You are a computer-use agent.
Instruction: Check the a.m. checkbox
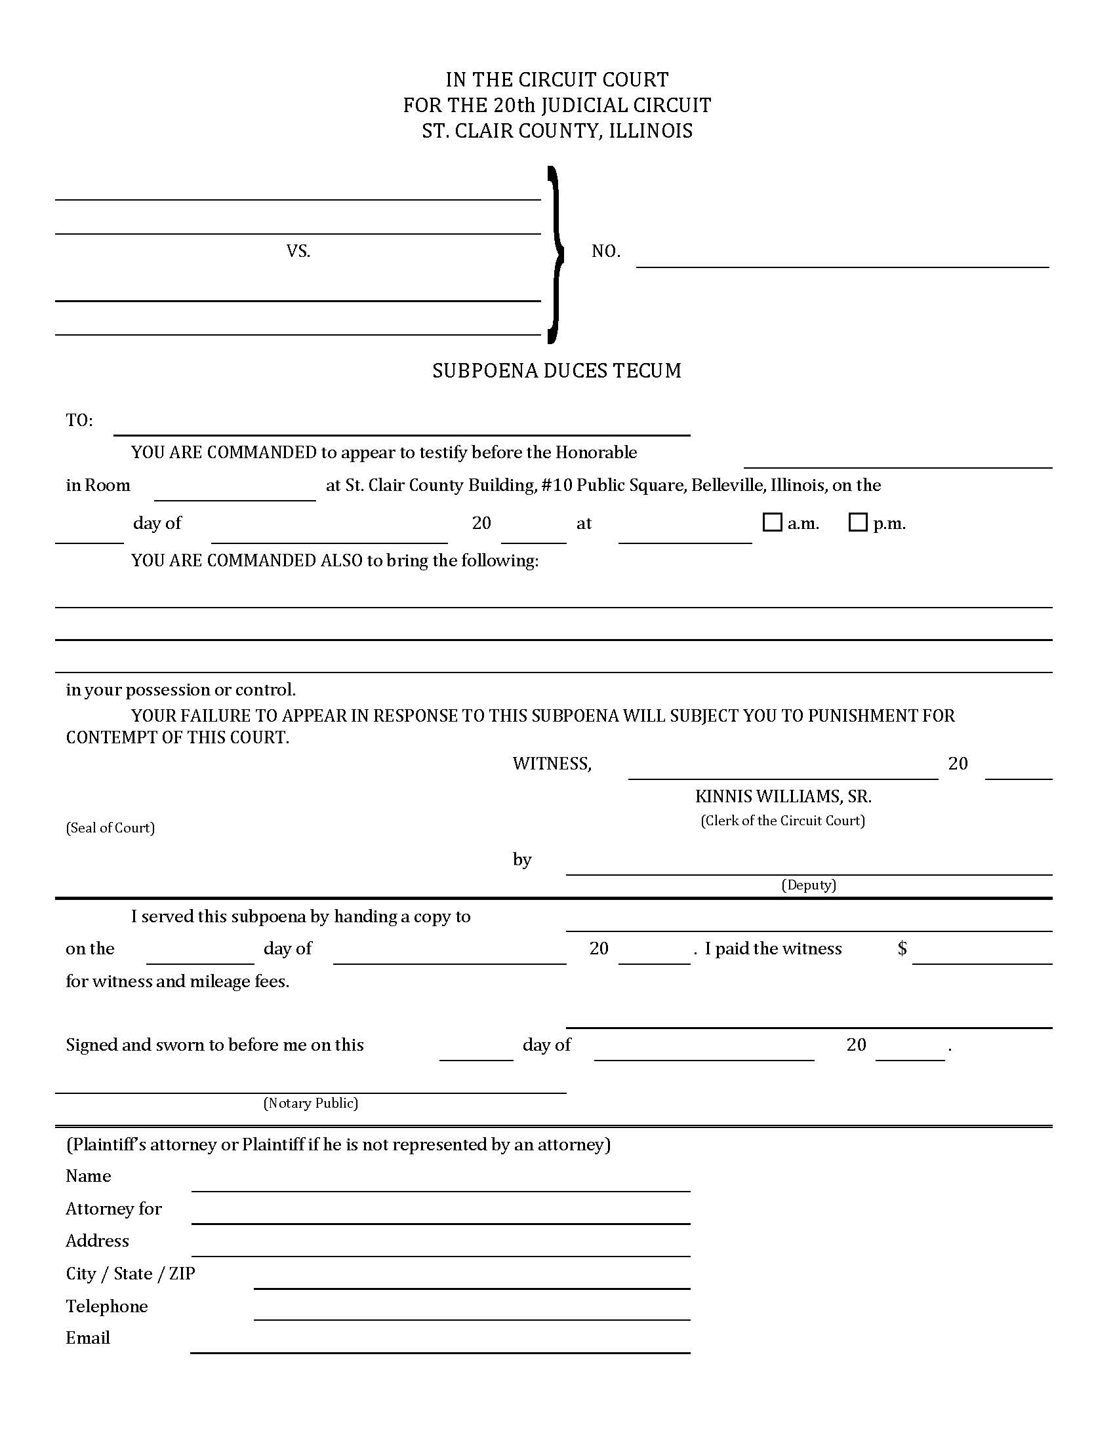[771, 522]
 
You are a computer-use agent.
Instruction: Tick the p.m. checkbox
[857, 522]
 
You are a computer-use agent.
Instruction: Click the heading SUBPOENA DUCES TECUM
[557, 371]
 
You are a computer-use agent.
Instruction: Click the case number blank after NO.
[842, 259]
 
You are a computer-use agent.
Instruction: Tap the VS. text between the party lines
[298, 251]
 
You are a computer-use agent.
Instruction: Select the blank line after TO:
[401, 427]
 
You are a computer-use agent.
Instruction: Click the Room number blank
[235, 493]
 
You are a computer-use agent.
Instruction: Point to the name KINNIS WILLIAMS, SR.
[782, 796]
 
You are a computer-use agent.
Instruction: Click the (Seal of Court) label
[110, 828]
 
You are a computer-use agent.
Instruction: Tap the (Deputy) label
[809, 885]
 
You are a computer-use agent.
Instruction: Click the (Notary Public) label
[310, 1103]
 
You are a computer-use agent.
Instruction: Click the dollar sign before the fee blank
[902, 948]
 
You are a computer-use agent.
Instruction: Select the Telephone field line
[472, 1313]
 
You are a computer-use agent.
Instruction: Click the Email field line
[440, 1345]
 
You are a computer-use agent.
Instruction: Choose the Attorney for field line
[440, 1215]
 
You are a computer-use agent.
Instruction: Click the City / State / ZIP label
[130, 1274]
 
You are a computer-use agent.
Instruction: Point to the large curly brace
[555, 254]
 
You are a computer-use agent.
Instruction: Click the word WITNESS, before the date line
[552, 764]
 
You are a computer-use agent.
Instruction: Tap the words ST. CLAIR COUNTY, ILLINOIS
[557, 130]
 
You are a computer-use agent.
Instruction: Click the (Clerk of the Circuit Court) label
[782, 821]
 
